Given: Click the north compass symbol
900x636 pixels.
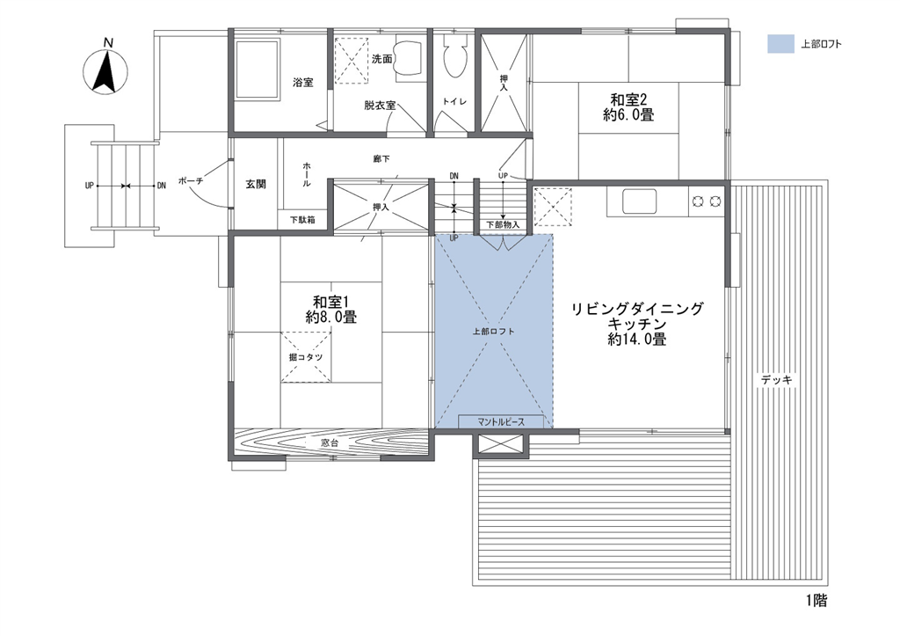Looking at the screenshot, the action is [105, 72].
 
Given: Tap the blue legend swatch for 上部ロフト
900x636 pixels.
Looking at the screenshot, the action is [780, 44].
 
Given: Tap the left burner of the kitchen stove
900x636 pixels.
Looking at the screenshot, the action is [699, 201].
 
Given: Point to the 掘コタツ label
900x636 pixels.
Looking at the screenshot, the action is [305, 357].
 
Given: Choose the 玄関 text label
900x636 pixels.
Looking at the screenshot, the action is [256, 185].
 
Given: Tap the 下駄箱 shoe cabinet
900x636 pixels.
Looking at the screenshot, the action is [302, 219].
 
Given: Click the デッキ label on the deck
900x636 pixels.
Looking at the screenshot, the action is [777, 380].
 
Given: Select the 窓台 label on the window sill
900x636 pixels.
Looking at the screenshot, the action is [330, 443].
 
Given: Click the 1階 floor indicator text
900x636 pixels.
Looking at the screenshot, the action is [817, 602].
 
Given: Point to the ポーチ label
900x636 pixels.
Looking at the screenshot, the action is [191, 180].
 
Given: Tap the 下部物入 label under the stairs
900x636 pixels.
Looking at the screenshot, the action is [503, 224].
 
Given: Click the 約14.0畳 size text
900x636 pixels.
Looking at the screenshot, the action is [637, 340].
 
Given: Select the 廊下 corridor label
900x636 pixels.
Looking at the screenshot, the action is [381, 158].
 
